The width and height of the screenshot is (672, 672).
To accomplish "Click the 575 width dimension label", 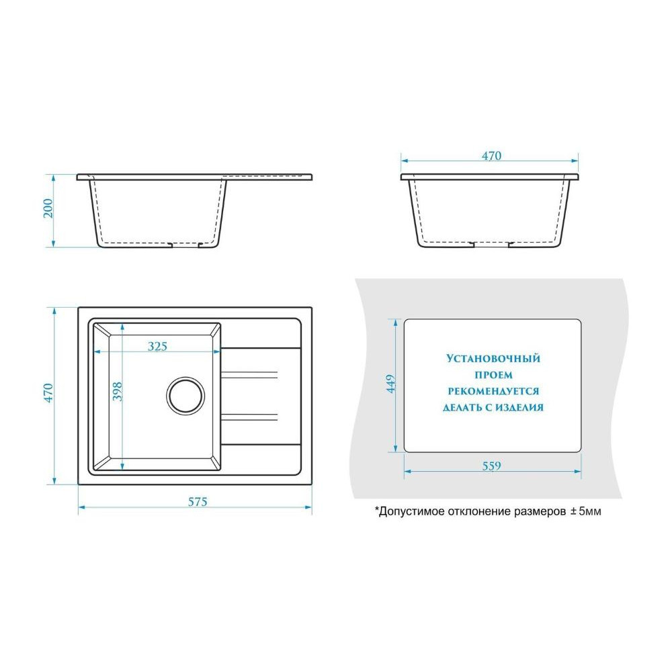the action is tap(198, 501).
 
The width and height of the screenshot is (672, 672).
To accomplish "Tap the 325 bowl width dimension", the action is tap(157, 346).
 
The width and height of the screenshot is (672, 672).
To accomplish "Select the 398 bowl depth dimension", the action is tap(117, 391).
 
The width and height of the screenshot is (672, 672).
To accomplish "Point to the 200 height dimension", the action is tap(48, 208).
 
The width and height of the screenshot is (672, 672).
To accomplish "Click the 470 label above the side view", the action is tap(491, 156).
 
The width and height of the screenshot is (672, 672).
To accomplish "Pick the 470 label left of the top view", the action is tap(48, 393).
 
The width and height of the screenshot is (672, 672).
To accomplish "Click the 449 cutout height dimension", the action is tap(391, 384).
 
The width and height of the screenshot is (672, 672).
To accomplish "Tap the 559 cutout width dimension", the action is tap(491, 466).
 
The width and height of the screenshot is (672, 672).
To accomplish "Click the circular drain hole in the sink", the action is tap(185, 396).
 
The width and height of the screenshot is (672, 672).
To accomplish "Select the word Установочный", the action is tap(493, 358).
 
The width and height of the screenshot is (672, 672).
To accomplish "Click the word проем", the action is tap(493, 375).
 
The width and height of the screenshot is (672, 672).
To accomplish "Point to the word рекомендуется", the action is tap(493, 391).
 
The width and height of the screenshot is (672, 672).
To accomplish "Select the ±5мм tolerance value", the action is tap(585, 511).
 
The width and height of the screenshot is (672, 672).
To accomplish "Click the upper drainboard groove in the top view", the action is tap(249, 375).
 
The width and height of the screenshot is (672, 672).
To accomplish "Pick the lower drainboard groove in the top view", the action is tap(249, 417).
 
